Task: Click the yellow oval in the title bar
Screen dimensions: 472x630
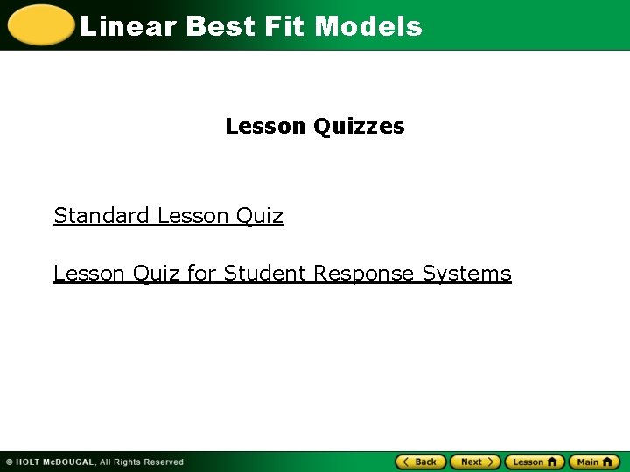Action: [38, 25]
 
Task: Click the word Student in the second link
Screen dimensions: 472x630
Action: [265, 274]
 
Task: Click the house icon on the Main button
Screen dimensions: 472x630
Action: [607, 462]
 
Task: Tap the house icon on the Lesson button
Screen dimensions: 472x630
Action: [552, 462]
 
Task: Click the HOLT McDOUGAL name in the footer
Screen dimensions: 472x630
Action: [56, 462]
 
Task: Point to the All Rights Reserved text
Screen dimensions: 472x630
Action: [142, 462]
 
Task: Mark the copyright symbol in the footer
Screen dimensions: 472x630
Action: [9, 462]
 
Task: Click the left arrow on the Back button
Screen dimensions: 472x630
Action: [406, 462]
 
